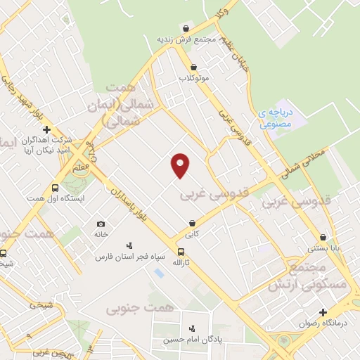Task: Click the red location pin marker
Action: click(x=181, y=165)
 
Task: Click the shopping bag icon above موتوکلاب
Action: click(x=193, y=67)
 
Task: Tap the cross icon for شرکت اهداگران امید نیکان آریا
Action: click(x=46, y=129)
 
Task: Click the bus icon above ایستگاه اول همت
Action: click(x=55, y=188)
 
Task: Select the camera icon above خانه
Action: click(x=101, y=224)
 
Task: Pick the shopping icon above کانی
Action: click(x=192, y=223)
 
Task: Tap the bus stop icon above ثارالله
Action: click(x=181, y=252)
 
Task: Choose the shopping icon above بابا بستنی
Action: click(x=323, y=237)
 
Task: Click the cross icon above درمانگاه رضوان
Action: click(x=323, y=312)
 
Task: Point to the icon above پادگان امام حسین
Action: click(x=192, y=328)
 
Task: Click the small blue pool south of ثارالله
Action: click(x=157, y=272)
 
